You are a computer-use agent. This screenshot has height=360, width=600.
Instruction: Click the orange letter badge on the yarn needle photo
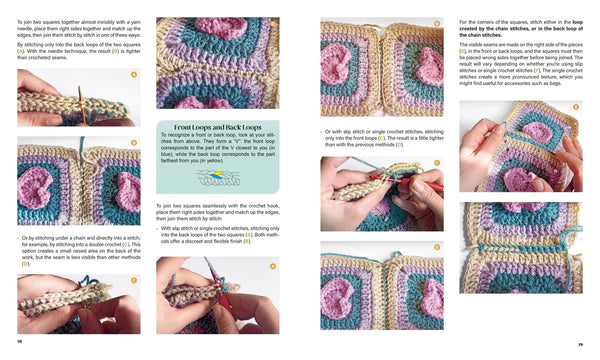[x=134, y=74]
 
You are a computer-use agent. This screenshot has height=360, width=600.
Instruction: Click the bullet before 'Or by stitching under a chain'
[x=19, y=236]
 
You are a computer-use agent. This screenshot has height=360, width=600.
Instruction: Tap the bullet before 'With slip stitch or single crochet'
[x=159, y=227]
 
